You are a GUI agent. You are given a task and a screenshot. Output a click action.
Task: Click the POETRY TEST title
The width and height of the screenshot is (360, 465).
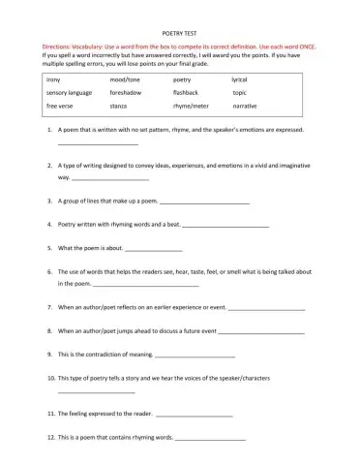pos(181,30)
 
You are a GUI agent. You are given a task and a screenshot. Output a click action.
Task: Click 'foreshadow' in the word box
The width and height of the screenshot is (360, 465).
pos(129,92)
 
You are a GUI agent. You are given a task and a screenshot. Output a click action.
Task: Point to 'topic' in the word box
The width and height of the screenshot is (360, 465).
pos(240,92)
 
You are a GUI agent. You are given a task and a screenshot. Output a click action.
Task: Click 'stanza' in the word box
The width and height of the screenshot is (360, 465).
pos(120,106)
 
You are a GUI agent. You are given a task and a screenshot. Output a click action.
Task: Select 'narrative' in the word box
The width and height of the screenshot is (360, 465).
pos(245,106)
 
